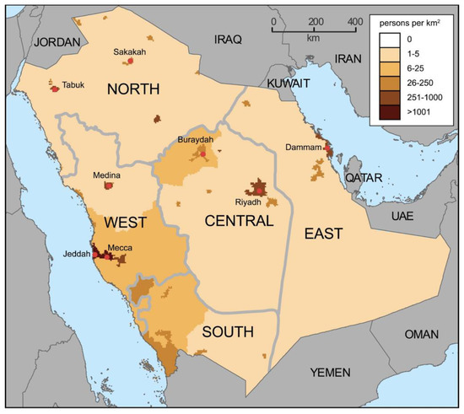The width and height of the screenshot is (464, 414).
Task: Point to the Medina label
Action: (107, 176)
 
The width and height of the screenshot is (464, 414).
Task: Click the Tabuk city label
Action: (73, 84)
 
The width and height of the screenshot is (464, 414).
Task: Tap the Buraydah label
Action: (197, 139)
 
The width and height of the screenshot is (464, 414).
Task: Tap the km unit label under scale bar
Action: (314, 38)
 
